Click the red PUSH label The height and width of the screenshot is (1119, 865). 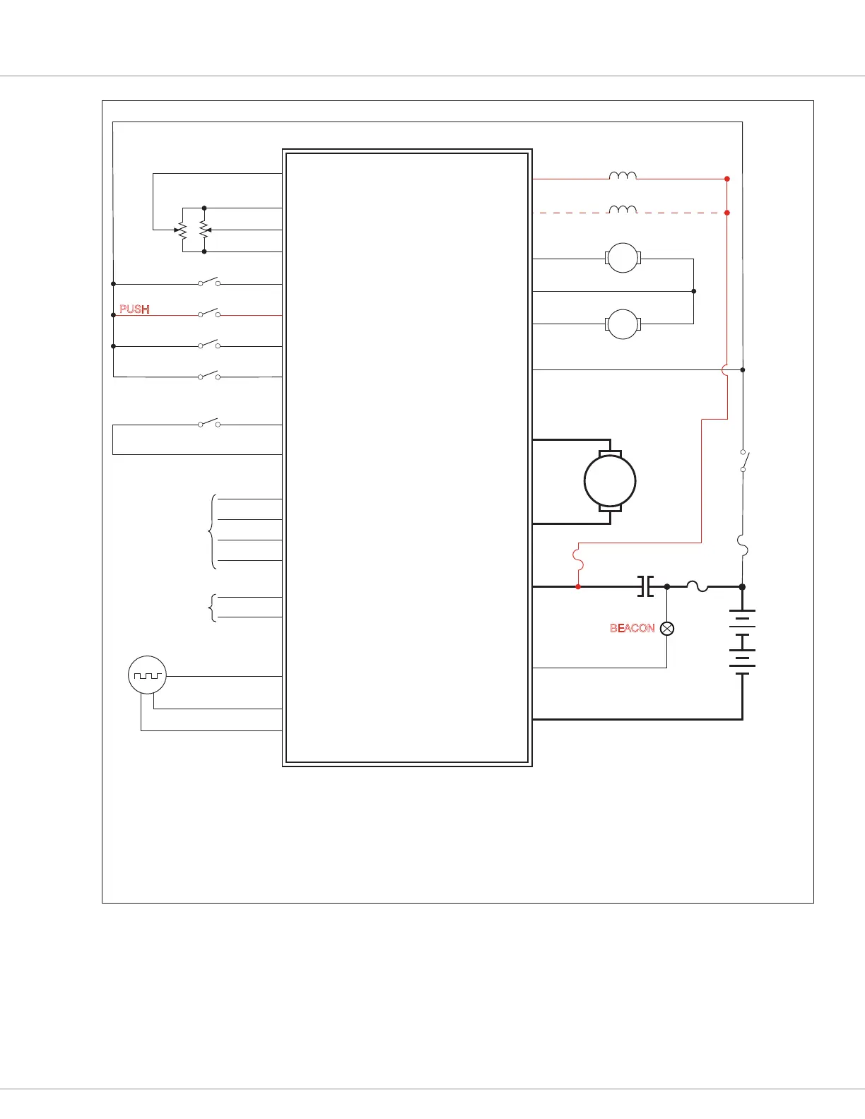pos(134,309)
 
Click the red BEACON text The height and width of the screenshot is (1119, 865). pos(632,628)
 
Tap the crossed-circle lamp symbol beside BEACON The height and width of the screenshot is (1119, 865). pos(667,628)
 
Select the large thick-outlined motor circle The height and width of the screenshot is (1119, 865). pos(610,481)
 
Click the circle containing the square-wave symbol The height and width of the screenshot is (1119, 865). pos(147,675)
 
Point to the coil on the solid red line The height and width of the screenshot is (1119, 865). pos(623,176)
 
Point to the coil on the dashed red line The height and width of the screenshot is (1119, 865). pos(623,209)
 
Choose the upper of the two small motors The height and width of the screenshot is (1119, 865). pos(623,258)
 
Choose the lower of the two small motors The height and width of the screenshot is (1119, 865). pos(623,324)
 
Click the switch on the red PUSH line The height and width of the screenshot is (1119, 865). pos(208,313)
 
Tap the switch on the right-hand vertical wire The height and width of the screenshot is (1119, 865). pos(743,461)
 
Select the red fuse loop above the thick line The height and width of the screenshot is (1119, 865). pos(578,557)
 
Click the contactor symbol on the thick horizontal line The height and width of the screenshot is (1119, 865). pos(645,586)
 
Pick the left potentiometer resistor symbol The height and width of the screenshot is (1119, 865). pos(182,230)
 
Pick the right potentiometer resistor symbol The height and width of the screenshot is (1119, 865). pos(204,230)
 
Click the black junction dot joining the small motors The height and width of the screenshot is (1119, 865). pos(694,291)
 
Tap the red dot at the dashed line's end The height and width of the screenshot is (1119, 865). pos(727,213)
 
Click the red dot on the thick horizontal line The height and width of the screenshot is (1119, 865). pos(578,586)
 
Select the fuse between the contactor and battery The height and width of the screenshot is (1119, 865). pos(698,586)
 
